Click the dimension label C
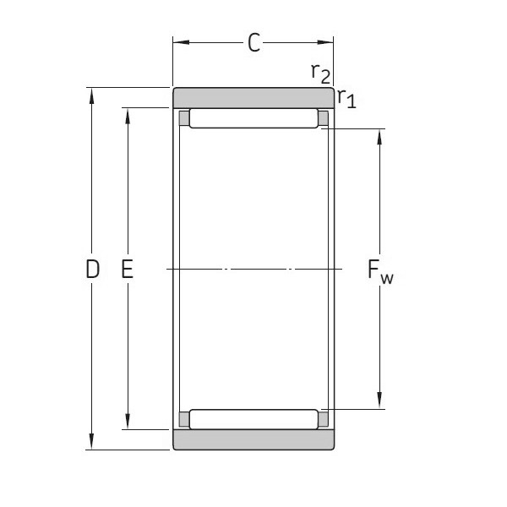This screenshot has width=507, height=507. coord(253,42)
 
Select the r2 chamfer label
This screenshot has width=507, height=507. coord(319,74)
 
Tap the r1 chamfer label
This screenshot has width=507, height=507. coord(346,98)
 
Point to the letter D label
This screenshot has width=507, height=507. coord(93,270)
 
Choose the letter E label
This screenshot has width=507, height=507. coord(128,270)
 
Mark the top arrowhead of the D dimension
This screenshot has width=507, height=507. coord(91,94)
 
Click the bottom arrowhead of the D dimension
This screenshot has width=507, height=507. coord(91,444)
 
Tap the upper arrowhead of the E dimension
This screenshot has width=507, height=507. coord(128,115)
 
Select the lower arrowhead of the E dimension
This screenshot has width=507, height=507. coord(128,422)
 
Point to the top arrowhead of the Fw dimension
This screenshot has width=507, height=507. coord(379,136)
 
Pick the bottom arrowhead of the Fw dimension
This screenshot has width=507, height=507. coord(379,402)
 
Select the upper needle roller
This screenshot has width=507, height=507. coord(253,118)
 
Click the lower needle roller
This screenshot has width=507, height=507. coord(253,418)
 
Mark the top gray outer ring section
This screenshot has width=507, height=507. coord(253,97)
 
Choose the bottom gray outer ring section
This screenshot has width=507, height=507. coord(253,439)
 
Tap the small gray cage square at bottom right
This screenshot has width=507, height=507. coord(323,418)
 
